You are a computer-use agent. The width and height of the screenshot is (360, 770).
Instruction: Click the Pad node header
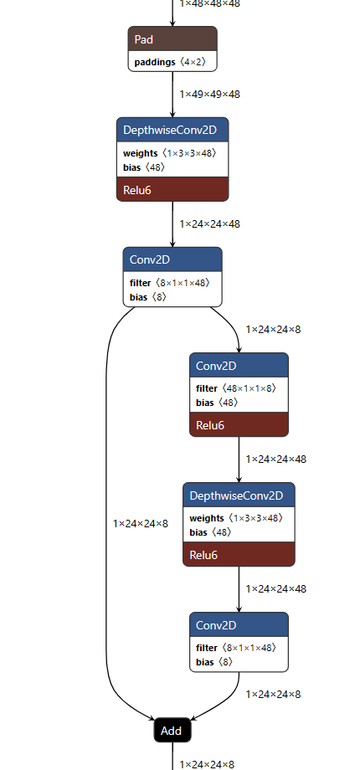172,39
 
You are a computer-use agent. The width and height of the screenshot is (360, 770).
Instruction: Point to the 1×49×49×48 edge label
209,95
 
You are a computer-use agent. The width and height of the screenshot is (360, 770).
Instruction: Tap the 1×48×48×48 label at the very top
209,4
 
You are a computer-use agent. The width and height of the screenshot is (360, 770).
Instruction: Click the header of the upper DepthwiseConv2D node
172,131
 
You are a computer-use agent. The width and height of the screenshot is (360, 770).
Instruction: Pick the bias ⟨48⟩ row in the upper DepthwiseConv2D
145,167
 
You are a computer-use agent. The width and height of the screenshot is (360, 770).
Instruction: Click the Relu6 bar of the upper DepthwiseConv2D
172,190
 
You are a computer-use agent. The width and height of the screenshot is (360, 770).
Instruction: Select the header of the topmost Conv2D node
172,259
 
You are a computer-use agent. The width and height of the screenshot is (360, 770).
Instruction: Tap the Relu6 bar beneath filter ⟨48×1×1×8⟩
239,425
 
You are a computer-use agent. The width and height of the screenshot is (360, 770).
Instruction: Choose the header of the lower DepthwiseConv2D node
239,495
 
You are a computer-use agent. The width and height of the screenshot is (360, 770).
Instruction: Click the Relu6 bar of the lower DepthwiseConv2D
239,554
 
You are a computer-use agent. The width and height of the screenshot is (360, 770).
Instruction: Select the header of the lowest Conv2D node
239,625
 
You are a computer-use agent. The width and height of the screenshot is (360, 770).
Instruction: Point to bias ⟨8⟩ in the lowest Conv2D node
215,662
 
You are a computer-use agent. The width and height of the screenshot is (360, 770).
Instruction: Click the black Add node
172,730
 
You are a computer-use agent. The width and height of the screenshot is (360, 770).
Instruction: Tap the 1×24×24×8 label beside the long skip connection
141,524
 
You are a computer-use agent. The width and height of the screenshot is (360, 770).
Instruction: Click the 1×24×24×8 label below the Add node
207,764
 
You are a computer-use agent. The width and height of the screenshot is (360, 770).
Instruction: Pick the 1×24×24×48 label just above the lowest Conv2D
276,589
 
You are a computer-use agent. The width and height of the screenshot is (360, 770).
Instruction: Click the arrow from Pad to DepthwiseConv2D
172,96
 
